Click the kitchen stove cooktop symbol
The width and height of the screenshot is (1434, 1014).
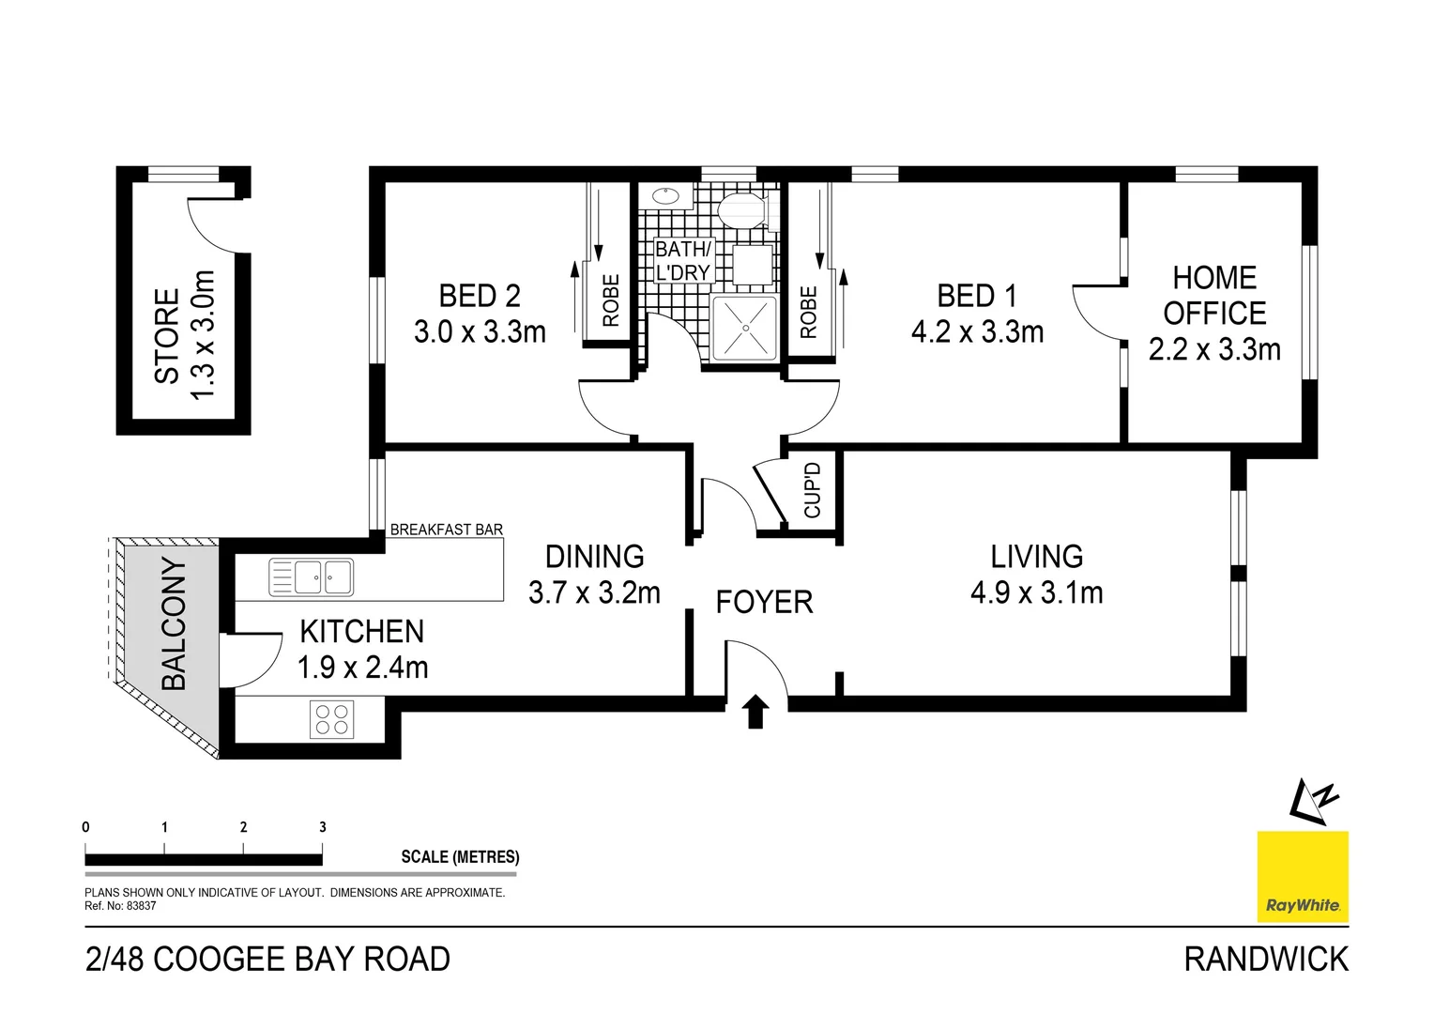331,720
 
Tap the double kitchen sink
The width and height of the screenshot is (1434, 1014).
311,577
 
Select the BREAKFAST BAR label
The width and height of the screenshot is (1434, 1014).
446,530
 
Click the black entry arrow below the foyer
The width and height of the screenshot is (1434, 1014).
756,712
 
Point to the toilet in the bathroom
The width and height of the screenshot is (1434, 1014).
740,211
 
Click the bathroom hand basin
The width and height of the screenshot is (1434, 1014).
665,196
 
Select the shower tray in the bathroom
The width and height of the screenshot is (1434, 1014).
744,328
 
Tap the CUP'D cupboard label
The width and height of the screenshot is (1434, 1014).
813,490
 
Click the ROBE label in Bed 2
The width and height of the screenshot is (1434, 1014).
611,300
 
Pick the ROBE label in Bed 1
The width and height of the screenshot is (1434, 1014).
809,312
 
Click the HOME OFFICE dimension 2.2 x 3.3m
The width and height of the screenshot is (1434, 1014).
1214,349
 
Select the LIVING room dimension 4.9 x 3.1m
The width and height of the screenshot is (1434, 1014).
1036,592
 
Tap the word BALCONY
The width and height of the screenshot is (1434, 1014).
174,623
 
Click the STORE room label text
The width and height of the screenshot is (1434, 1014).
167,335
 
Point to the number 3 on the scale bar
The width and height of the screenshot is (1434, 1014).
323,827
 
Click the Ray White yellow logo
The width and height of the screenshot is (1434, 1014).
1303,877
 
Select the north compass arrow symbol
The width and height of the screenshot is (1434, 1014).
1312,802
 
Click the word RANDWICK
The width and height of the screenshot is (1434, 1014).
1266,959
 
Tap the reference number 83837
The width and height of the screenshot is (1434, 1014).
141,906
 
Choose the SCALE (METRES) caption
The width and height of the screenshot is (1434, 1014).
460,856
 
